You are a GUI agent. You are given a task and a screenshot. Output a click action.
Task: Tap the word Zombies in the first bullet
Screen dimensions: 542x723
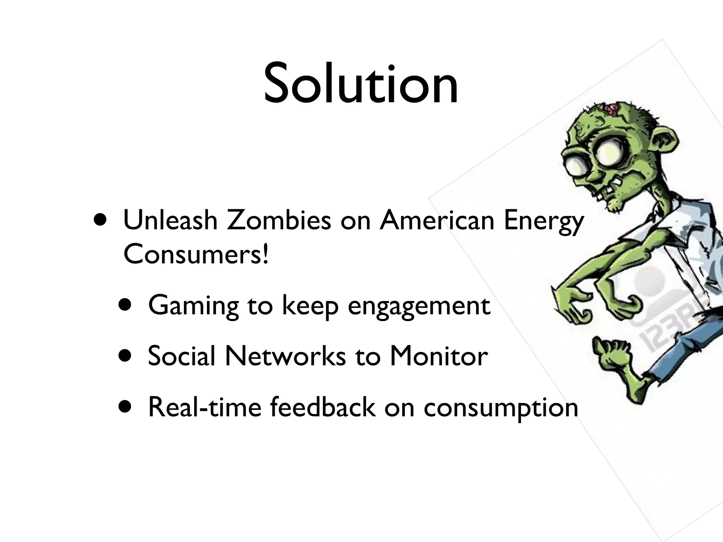pos(279,220)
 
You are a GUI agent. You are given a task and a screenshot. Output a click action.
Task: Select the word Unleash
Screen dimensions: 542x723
pos(170,220)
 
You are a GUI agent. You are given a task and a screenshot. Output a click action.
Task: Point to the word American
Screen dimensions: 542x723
pos(437,220)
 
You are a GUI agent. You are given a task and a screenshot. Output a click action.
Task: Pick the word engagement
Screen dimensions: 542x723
pos(419,306)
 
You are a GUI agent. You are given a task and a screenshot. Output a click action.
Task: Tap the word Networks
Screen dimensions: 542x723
pos(286,356)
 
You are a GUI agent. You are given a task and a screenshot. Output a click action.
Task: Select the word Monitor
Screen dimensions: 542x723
pos(439,356)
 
